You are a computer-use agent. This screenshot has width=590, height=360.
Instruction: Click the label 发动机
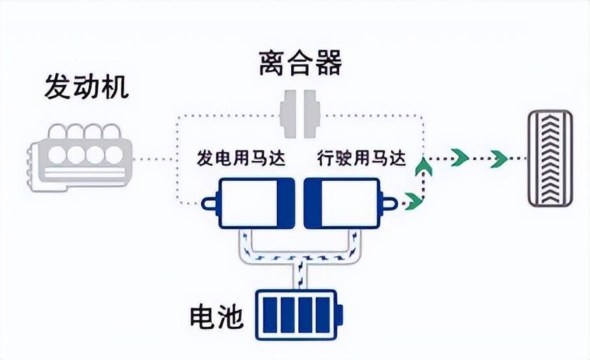pyautogui.click(x=87, y=86)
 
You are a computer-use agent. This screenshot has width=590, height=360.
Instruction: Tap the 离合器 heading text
pyautogui.click(x=301, y=62)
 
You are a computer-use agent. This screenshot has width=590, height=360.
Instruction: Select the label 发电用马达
pyautogui.click(x=241, y=158)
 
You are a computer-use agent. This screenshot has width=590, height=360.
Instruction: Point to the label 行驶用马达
pyautogui.click(x=361, y=158)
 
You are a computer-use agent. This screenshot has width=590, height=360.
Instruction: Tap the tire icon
pyautogui.click(x=550, y=159)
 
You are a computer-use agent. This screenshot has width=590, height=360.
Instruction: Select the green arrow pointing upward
pyautogui.click(x=424, y=166)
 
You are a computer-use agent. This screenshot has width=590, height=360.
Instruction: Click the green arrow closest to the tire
pyautogui.click(x=499, y=159)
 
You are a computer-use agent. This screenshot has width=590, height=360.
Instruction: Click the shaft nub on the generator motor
pyautogui.click(x=210, y=203)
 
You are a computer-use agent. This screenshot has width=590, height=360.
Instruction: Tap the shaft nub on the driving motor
pyautogui.click(x=389, y=203)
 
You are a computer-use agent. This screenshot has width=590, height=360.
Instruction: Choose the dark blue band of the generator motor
pyautogui.click(x=286, y=203)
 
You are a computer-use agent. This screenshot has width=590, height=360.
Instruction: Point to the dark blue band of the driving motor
pyautogui.click(x=313, y=203)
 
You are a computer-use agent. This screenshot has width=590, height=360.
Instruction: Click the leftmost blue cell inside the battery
pyautogui.click(x=270, y=315)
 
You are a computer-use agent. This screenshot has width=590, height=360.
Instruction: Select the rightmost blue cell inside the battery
pyautogui.click(x=323, y=315)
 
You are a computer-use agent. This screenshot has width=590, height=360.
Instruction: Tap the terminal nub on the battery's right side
pyautogui.click(x=340, y=315)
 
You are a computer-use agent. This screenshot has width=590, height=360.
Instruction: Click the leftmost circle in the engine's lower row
pyautogui.click(x=57, y=155)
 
